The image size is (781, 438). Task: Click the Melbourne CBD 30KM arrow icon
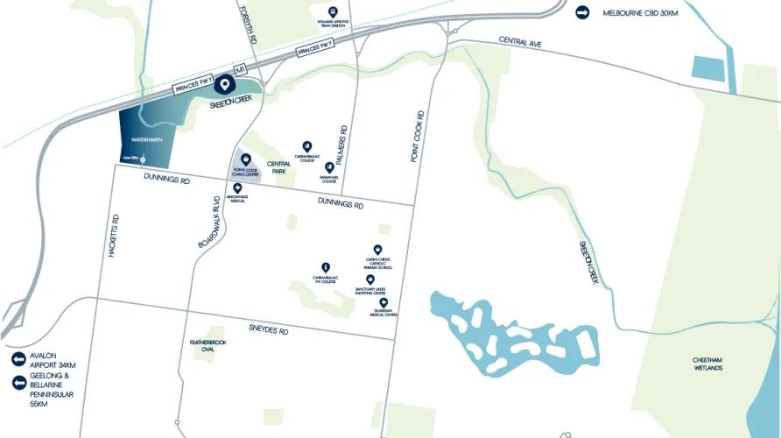pos(583,12)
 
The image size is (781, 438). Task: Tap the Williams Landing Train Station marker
pos(332,11)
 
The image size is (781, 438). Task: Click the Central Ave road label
pos(522,41)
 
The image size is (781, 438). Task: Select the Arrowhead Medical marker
pos(237,187)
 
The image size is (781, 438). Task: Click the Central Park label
pos(279,166)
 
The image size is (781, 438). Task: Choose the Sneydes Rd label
pos(268,328)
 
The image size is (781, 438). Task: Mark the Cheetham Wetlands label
pos(708,364)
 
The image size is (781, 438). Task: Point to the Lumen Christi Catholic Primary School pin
pos(377,249)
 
